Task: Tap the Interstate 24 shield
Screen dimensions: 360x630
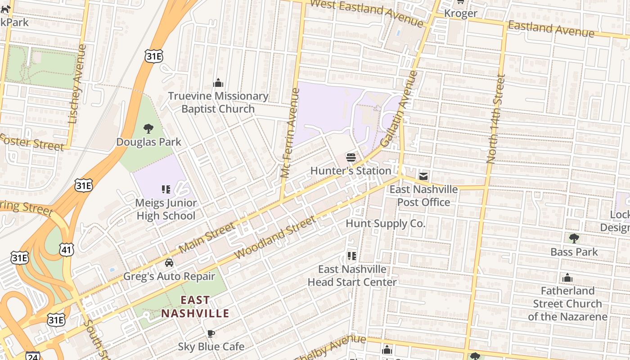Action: (32, 356)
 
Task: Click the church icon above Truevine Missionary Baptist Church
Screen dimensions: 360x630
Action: (218, 83)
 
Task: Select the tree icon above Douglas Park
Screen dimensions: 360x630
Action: (148, 129)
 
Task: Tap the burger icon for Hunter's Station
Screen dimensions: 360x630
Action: (351, 157)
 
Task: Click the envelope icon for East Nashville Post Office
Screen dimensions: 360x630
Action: (423, 176)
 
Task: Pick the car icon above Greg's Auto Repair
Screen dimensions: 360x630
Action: (169, 263)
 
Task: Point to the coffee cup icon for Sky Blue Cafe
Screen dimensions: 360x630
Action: (211, 333)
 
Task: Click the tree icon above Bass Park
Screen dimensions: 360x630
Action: (574, 238)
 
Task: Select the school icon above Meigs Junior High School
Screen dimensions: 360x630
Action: (166, 189)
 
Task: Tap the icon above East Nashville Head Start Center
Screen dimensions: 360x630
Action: (352, 256)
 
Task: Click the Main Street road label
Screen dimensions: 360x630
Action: (207, 237)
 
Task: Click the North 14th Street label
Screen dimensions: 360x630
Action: (496, 118)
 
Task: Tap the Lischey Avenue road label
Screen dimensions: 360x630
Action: (76, 84)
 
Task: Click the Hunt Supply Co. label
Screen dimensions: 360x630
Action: (385, 223)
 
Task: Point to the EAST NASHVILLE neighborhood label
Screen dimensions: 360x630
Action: (195, 306)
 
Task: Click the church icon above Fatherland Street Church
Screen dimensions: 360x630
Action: (567, 278)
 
